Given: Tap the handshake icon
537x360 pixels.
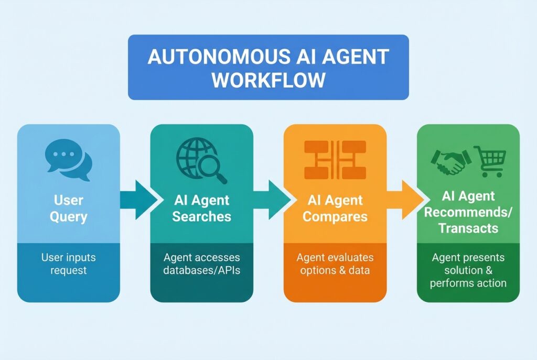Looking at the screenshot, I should pos(448,161).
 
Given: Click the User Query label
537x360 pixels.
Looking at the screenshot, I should pos(69,208).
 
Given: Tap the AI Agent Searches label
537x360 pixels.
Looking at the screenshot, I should pos(202,208).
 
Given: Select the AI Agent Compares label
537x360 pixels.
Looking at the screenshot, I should pos(335,208).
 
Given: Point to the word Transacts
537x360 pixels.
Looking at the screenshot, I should pos(468,228).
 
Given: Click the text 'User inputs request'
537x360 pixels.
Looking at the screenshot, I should pos(69,264).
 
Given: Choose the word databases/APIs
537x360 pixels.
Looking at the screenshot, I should pos(202,270).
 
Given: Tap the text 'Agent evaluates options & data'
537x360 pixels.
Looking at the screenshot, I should pos(335,264).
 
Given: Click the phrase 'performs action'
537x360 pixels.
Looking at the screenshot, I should pos(468,283).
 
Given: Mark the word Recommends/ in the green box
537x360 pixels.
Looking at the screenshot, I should pos(468,212).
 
